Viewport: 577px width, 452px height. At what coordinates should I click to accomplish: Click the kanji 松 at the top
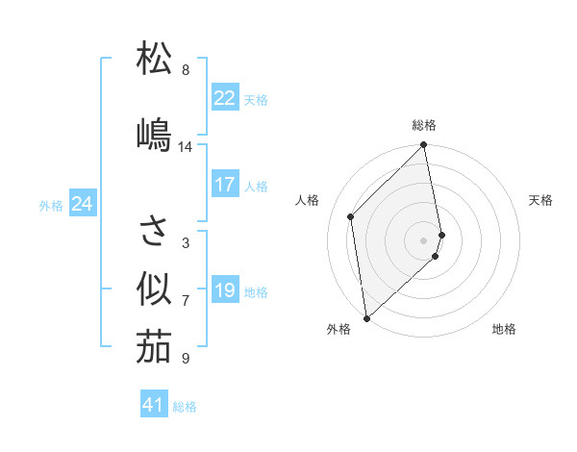pyautogui.click(x=154, y=59)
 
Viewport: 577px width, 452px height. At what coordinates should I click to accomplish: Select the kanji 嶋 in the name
pyautogui.click(x=154, y=135)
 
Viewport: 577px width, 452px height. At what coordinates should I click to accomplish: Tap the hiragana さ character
pyautogui.click(x=154, y=231)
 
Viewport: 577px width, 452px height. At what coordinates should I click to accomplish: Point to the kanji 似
pyautogui.click(x=154, y=288)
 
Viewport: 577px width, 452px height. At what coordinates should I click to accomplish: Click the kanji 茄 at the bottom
pyautogui.click(x=154, y=347)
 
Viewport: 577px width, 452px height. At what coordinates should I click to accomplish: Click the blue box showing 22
pyautogui.click(x=225, y=98)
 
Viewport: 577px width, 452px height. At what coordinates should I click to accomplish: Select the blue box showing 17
pyautogui.click(x=225, y=185)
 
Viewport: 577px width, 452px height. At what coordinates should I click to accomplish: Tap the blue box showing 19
pyautogui.click(x=225, y=290)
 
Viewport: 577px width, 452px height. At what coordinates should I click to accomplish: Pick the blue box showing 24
pyautogui.click(x=83, y=204)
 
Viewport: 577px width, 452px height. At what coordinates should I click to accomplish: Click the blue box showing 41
pyautogui.click(x=154, y=405)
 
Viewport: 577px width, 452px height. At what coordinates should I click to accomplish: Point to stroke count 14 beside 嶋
pyautogui.click(x=186, y=147)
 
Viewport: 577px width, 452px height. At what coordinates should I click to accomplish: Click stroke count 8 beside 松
pyautogui.click(x=186, y=70)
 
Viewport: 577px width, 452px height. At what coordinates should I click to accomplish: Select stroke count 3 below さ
pyautogui.click(x=186, y=243)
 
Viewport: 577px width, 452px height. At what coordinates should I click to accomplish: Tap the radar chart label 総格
pyautogui.click(x=424, y=125)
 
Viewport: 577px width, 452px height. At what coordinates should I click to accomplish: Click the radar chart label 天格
pyautogui.click(x=540, y=200)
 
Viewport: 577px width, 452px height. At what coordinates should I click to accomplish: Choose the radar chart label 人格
pyautogui.click(x=308, y=200)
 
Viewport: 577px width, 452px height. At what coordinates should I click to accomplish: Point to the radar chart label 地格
pyautogui.click(x=504, y=329)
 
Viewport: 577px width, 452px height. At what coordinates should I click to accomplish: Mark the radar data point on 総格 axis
pyautogui.click(x=424, y=145)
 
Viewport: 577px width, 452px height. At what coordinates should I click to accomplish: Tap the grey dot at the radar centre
pyautogui.click(x=424, y=239)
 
